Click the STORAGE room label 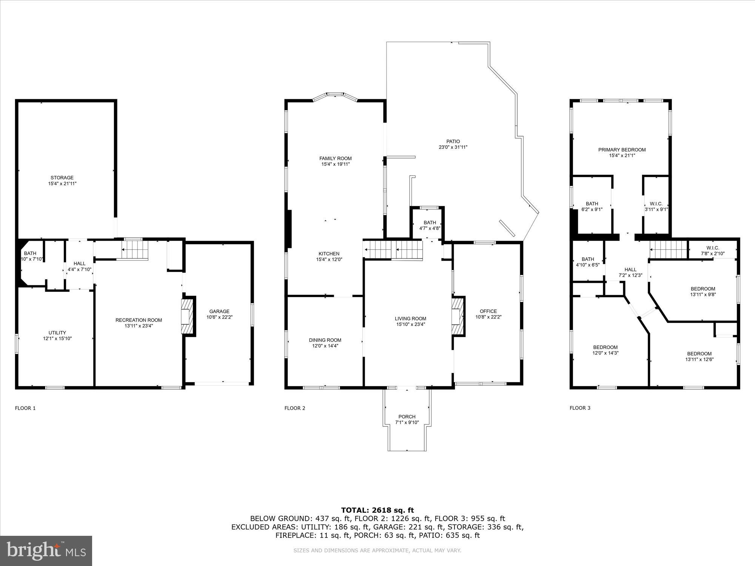[62, 178]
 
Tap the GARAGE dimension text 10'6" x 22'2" [219, 317]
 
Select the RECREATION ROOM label [139, 320]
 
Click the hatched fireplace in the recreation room [188, 316]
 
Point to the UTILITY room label [57, 333]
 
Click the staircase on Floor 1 [134, 249]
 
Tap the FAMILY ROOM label [335, 158]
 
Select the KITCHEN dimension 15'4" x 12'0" [329, 260]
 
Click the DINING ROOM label [325, 340]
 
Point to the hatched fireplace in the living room [458, 316]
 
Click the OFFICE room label [488, 311]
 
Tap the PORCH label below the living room [407, 417]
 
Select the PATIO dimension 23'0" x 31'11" [453, 148]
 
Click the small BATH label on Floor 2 [430, 223]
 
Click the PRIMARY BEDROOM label [622, 150]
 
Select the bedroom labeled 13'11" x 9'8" [703, 292]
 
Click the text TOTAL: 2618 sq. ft [377, 510]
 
